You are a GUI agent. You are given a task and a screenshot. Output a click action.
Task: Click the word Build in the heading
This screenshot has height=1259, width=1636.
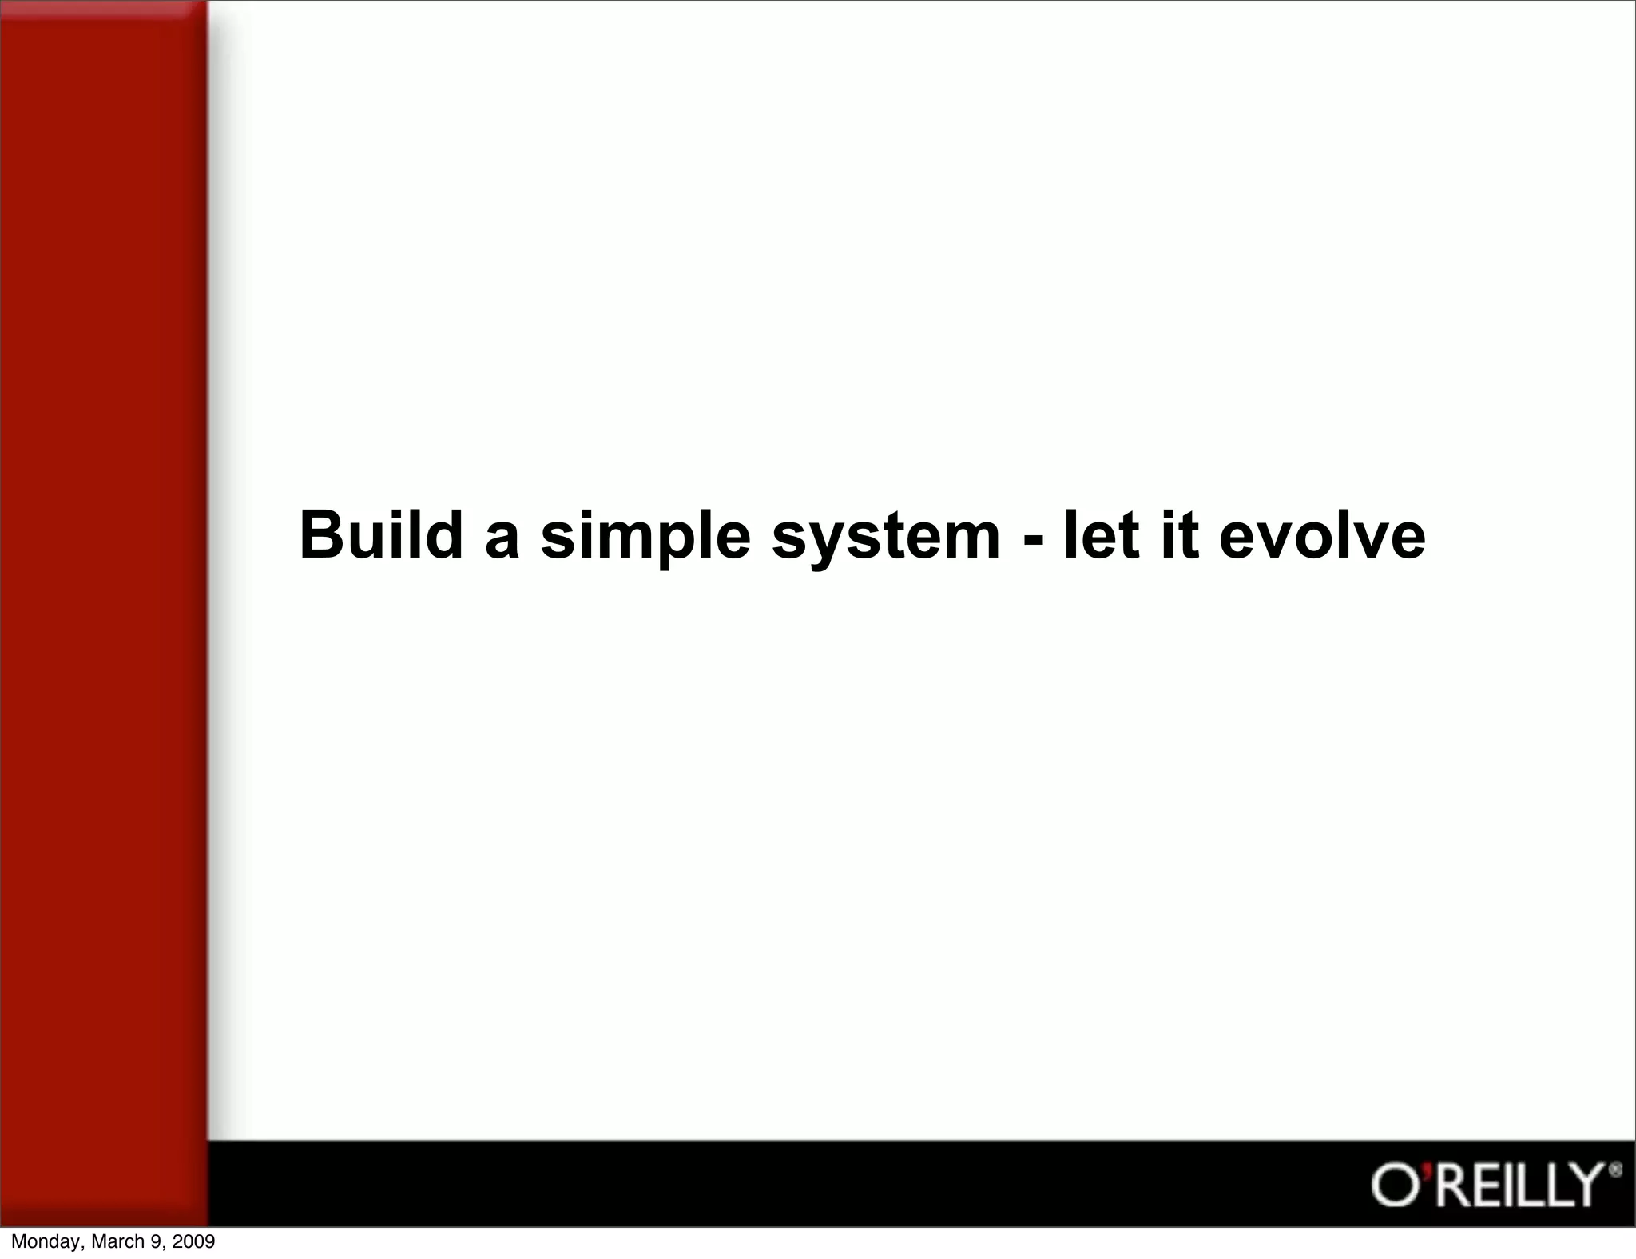380,535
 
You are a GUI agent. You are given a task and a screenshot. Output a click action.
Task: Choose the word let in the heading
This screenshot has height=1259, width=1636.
1101,535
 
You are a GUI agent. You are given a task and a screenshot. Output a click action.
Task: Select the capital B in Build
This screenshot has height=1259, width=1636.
317,535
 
